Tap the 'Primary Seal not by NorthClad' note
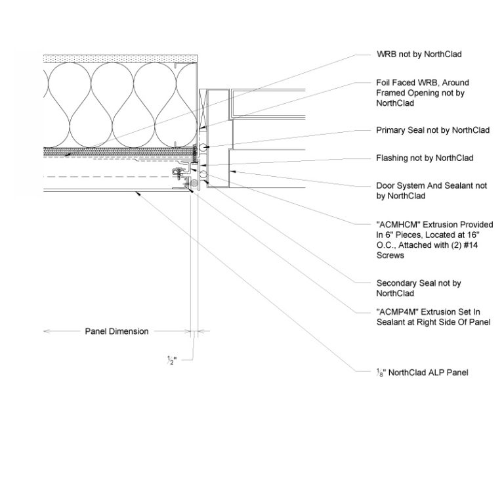432,131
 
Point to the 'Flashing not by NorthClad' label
425,158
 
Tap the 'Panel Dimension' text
117,331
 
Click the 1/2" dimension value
173,360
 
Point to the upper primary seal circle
205,147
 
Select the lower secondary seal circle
203,175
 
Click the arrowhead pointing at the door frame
230,172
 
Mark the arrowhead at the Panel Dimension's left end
46,331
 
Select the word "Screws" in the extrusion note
390,256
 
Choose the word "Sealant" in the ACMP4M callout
392,322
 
